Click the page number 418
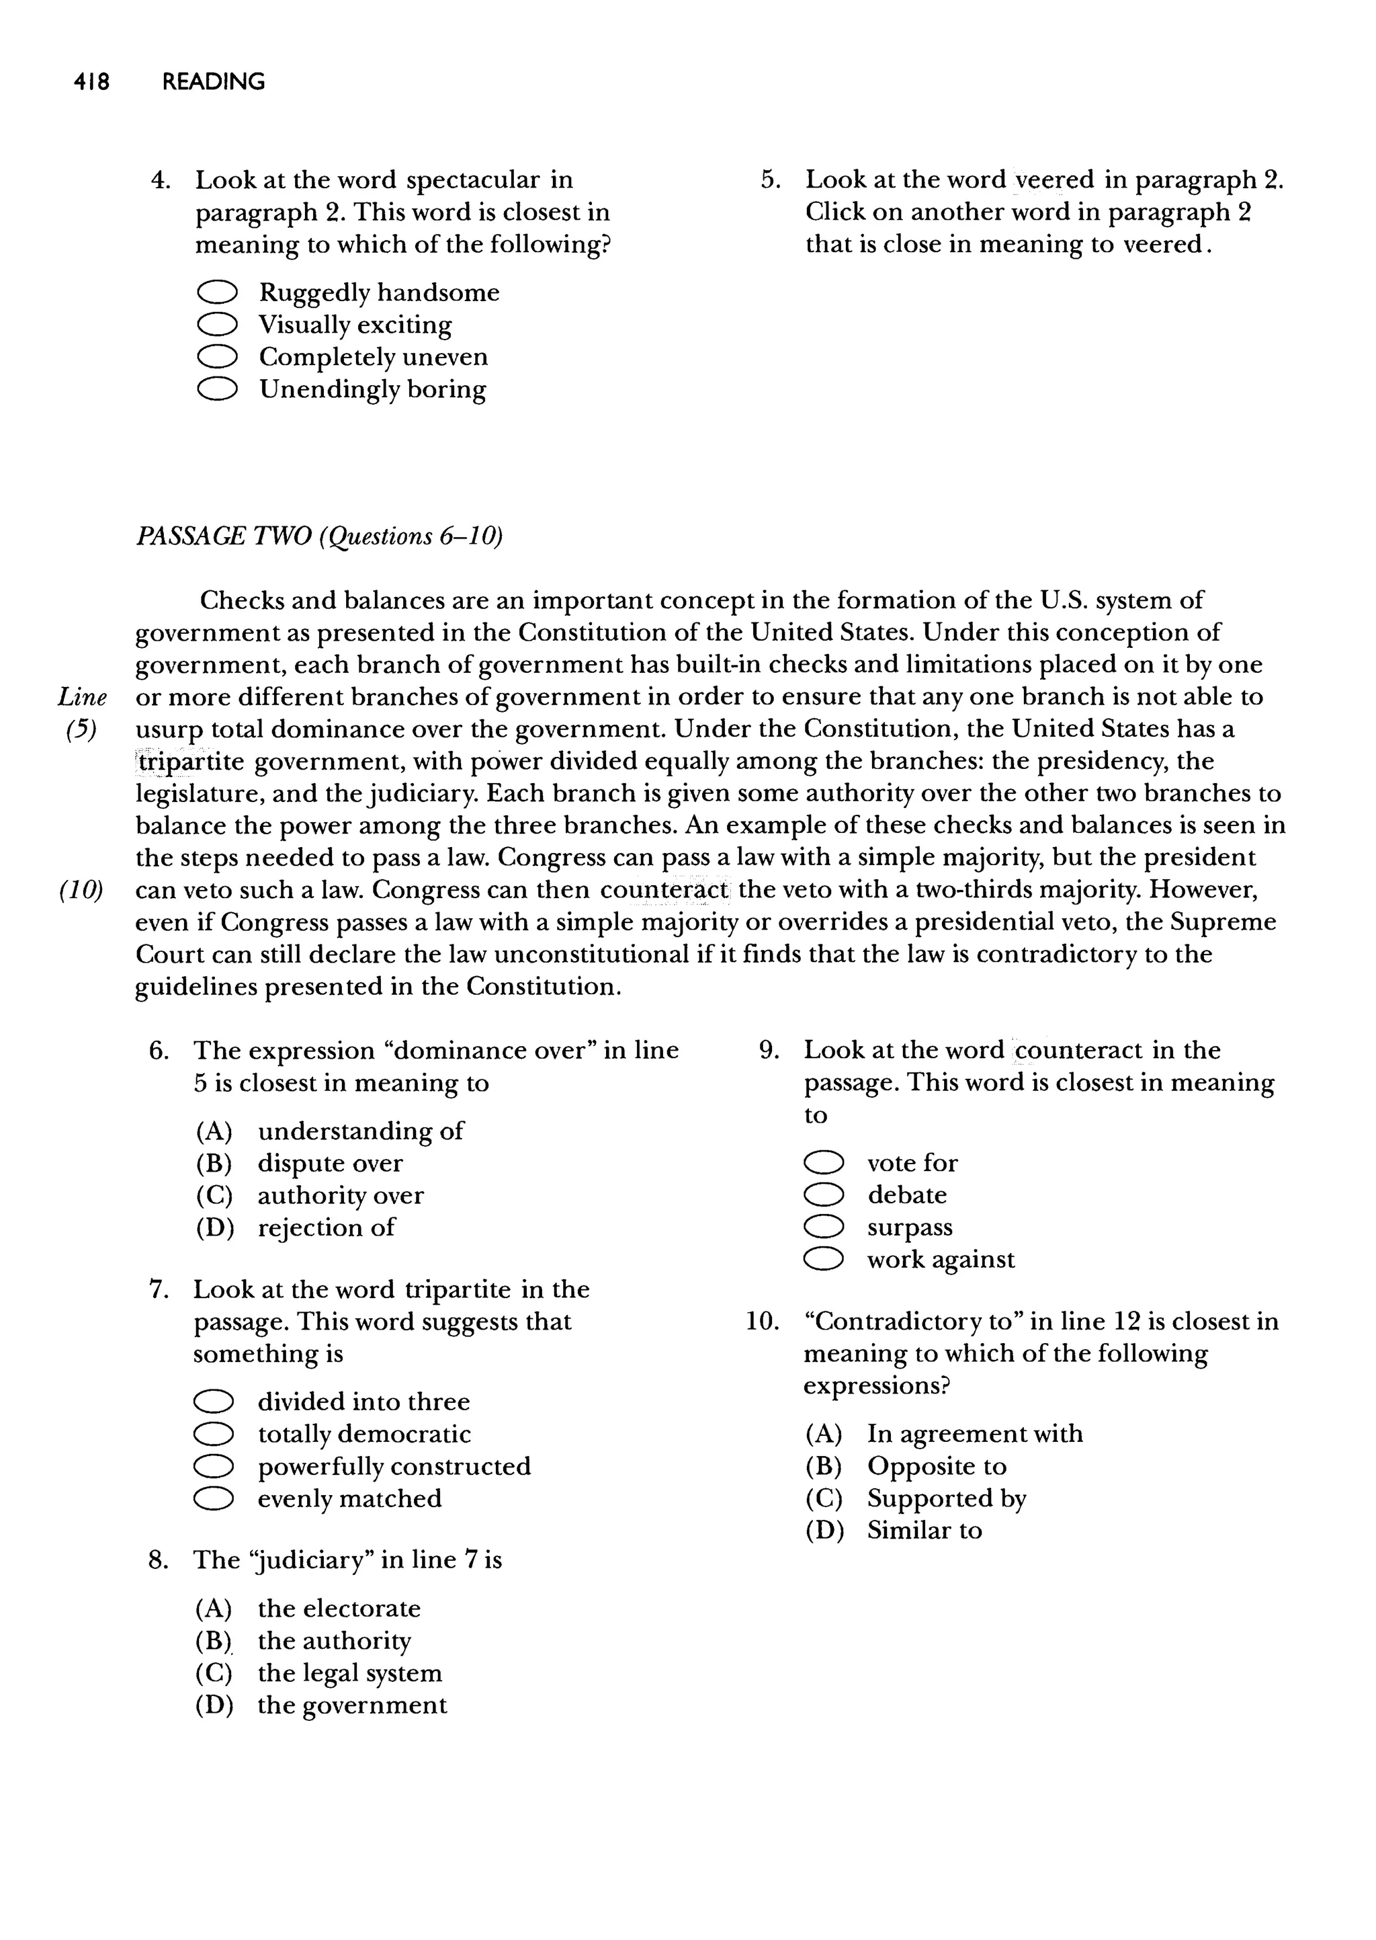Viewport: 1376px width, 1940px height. click(x=91, y=82)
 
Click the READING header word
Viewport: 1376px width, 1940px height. click(x=214, y=82)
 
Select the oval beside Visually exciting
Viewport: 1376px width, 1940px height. click(x=217, y=325)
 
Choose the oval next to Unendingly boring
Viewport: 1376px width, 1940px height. click(x=217, y=389)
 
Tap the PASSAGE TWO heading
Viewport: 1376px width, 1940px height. click(x=318, y=536)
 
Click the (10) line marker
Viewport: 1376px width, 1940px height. click(x=81, y=890)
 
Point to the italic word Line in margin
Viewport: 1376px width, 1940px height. click(x=82, y=698)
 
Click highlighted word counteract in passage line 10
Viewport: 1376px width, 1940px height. click(x=664, y=890)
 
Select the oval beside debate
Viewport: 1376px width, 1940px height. click(x=824, y=1195)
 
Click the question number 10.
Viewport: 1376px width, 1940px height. click(x=762, y=1322)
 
